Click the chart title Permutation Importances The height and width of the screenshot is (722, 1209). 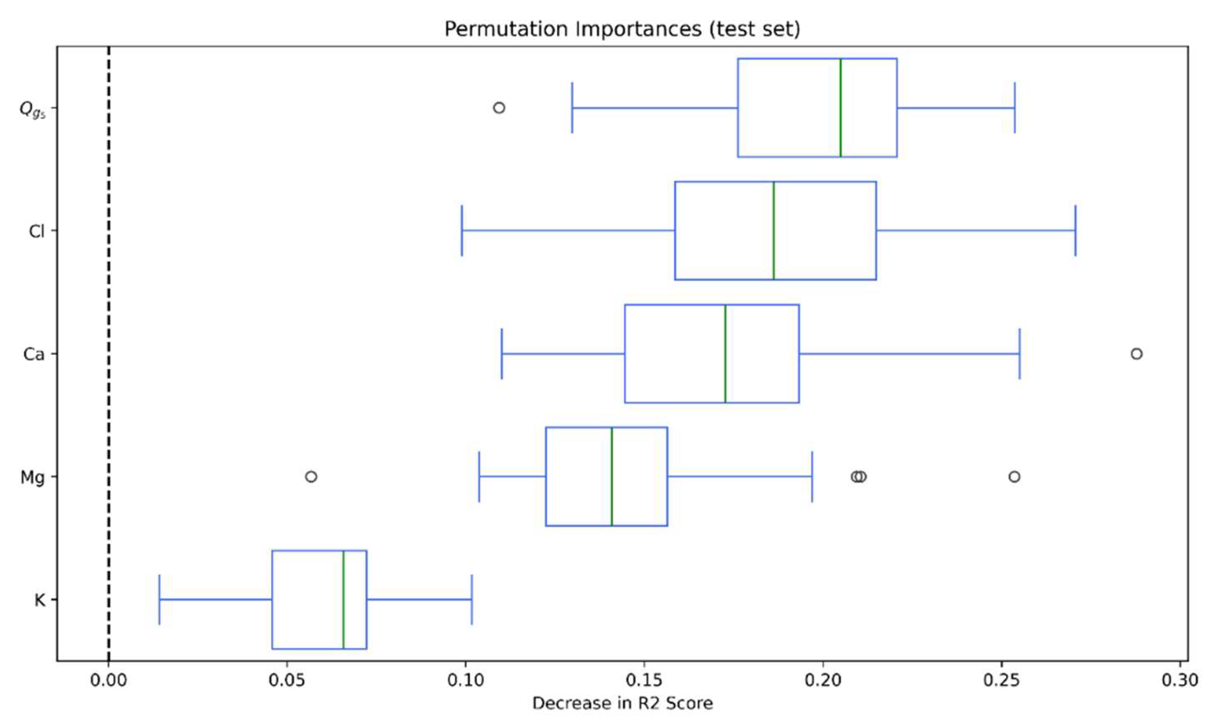click(x=622, y=29)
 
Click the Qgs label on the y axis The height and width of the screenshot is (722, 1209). click(x=32, y=108)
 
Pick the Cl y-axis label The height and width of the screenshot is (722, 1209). click(x=36, y=231)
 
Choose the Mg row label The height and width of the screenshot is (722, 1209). click(x=32, y=478)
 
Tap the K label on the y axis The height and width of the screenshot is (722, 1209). click(x=40, y=600)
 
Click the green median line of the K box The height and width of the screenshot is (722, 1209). click(x=343, y=599)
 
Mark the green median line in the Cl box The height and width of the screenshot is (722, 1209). click(x=774, y=231)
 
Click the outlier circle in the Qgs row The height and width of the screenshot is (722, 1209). click(x=499, y=108)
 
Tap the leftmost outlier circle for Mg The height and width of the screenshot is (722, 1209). click(x=311, y=476)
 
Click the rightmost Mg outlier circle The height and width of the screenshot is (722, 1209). click(x=1014, y=476)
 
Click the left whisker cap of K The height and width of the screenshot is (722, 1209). click(x=159, y=599)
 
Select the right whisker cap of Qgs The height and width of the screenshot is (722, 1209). click(x=1015, y=108)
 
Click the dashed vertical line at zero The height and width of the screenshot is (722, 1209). click(x=108, y=341)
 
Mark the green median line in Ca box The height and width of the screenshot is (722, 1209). click(x=725, y=354)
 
